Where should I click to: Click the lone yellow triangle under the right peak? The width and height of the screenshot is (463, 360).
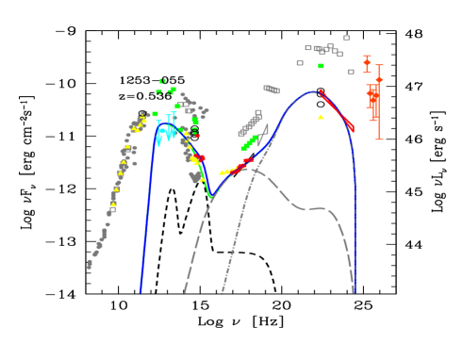pyautogui.click(x=321, y=117)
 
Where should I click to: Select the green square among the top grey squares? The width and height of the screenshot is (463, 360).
pyautogui.click(x=321, y=66)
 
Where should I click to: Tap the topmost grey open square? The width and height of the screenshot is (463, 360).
pyautogui.click(x=346, y=39)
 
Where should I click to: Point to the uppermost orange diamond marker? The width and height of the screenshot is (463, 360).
pyautogui.click(x=367, y=61)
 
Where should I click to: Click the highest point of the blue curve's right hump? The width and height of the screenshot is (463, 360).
pyautogui.click(x=312, y=91)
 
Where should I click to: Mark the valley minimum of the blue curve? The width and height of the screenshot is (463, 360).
pyautogui.click(x=211, y=197)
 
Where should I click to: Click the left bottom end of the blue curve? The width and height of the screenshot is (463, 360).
pyautogui.click(x=141, y=291)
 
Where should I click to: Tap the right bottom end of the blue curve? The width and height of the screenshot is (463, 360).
pyautogui.click(x=355, y=291)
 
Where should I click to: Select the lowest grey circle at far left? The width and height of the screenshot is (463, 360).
pyautogui.click(x=90, y=266)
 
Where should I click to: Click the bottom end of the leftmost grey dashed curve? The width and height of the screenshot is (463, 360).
pyautogui.click(x=185, y=291)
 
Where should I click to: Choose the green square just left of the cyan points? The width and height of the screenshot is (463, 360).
pyautogui.click(x=156, y=114)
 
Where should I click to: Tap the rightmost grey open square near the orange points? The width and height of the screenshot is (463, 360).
pyautogui.click(x=351, y=72)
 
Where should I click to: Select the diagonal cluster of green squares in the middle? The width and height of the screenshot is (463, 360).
pyautogui.click(x=250, y=142)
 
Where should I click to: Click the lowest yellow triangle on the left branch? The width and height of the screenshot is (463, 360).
pyautogui.click(x=113, y=204)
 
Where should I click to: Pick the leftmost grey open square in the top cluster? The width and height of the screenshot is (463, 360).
pyautogui.click(x=300, y=63)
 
